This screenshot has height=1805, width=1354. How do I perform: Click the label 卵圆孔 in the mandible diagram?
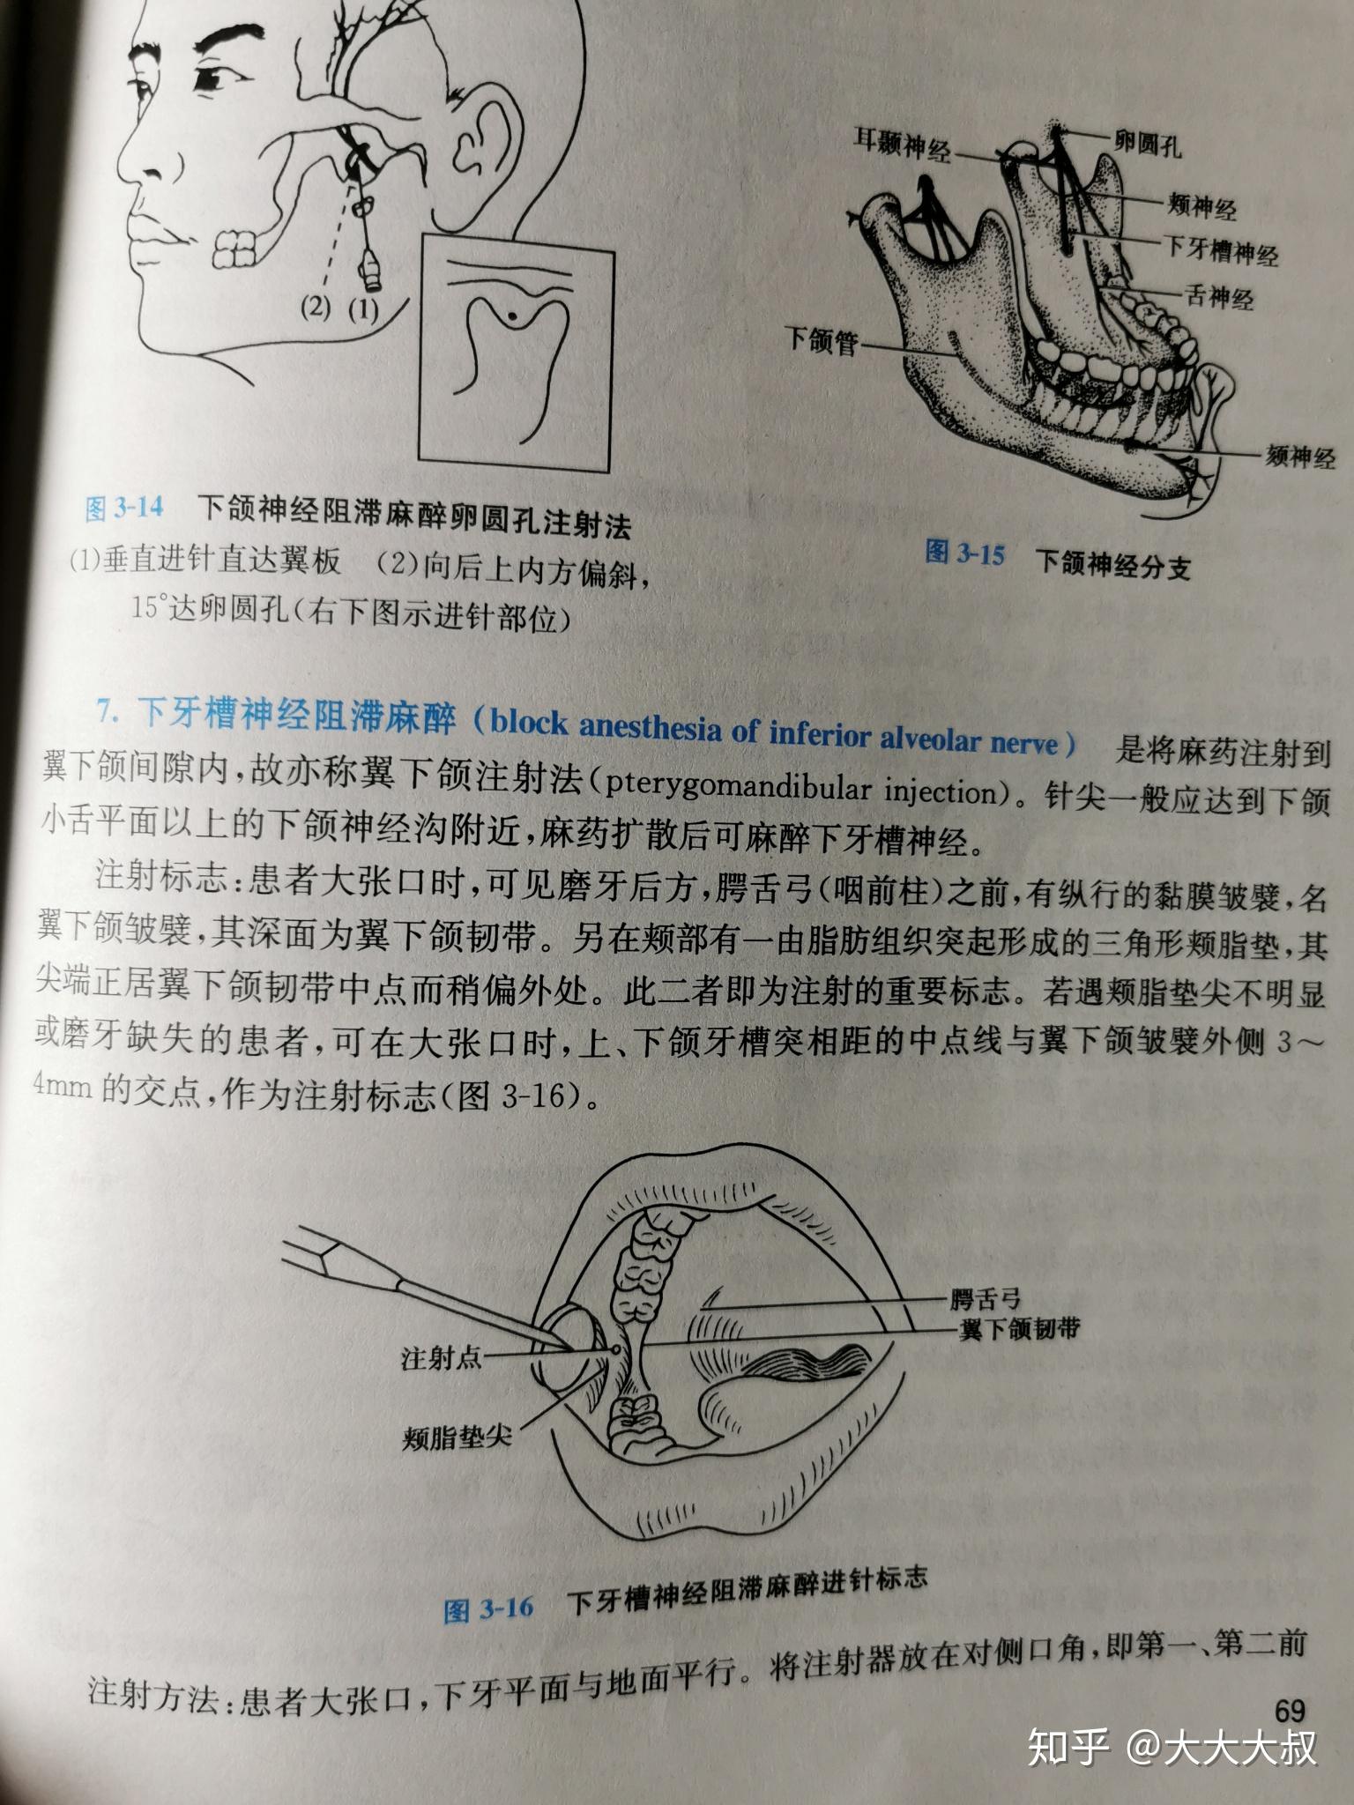click(1146, 144)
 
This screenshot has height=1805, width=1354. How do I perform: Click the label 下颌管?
click(822, 340)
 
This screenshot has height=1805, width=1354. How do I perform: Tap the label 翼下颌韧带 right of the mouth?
click(1019, 1330)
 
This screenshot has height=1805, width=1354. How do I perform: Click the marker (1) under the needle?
click(361, 309)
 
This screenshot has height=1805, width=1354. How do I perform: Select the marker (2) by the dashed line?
click(315, 309)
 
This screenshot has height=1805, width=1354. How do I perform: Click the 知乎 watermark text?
click(1068, 1749)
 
